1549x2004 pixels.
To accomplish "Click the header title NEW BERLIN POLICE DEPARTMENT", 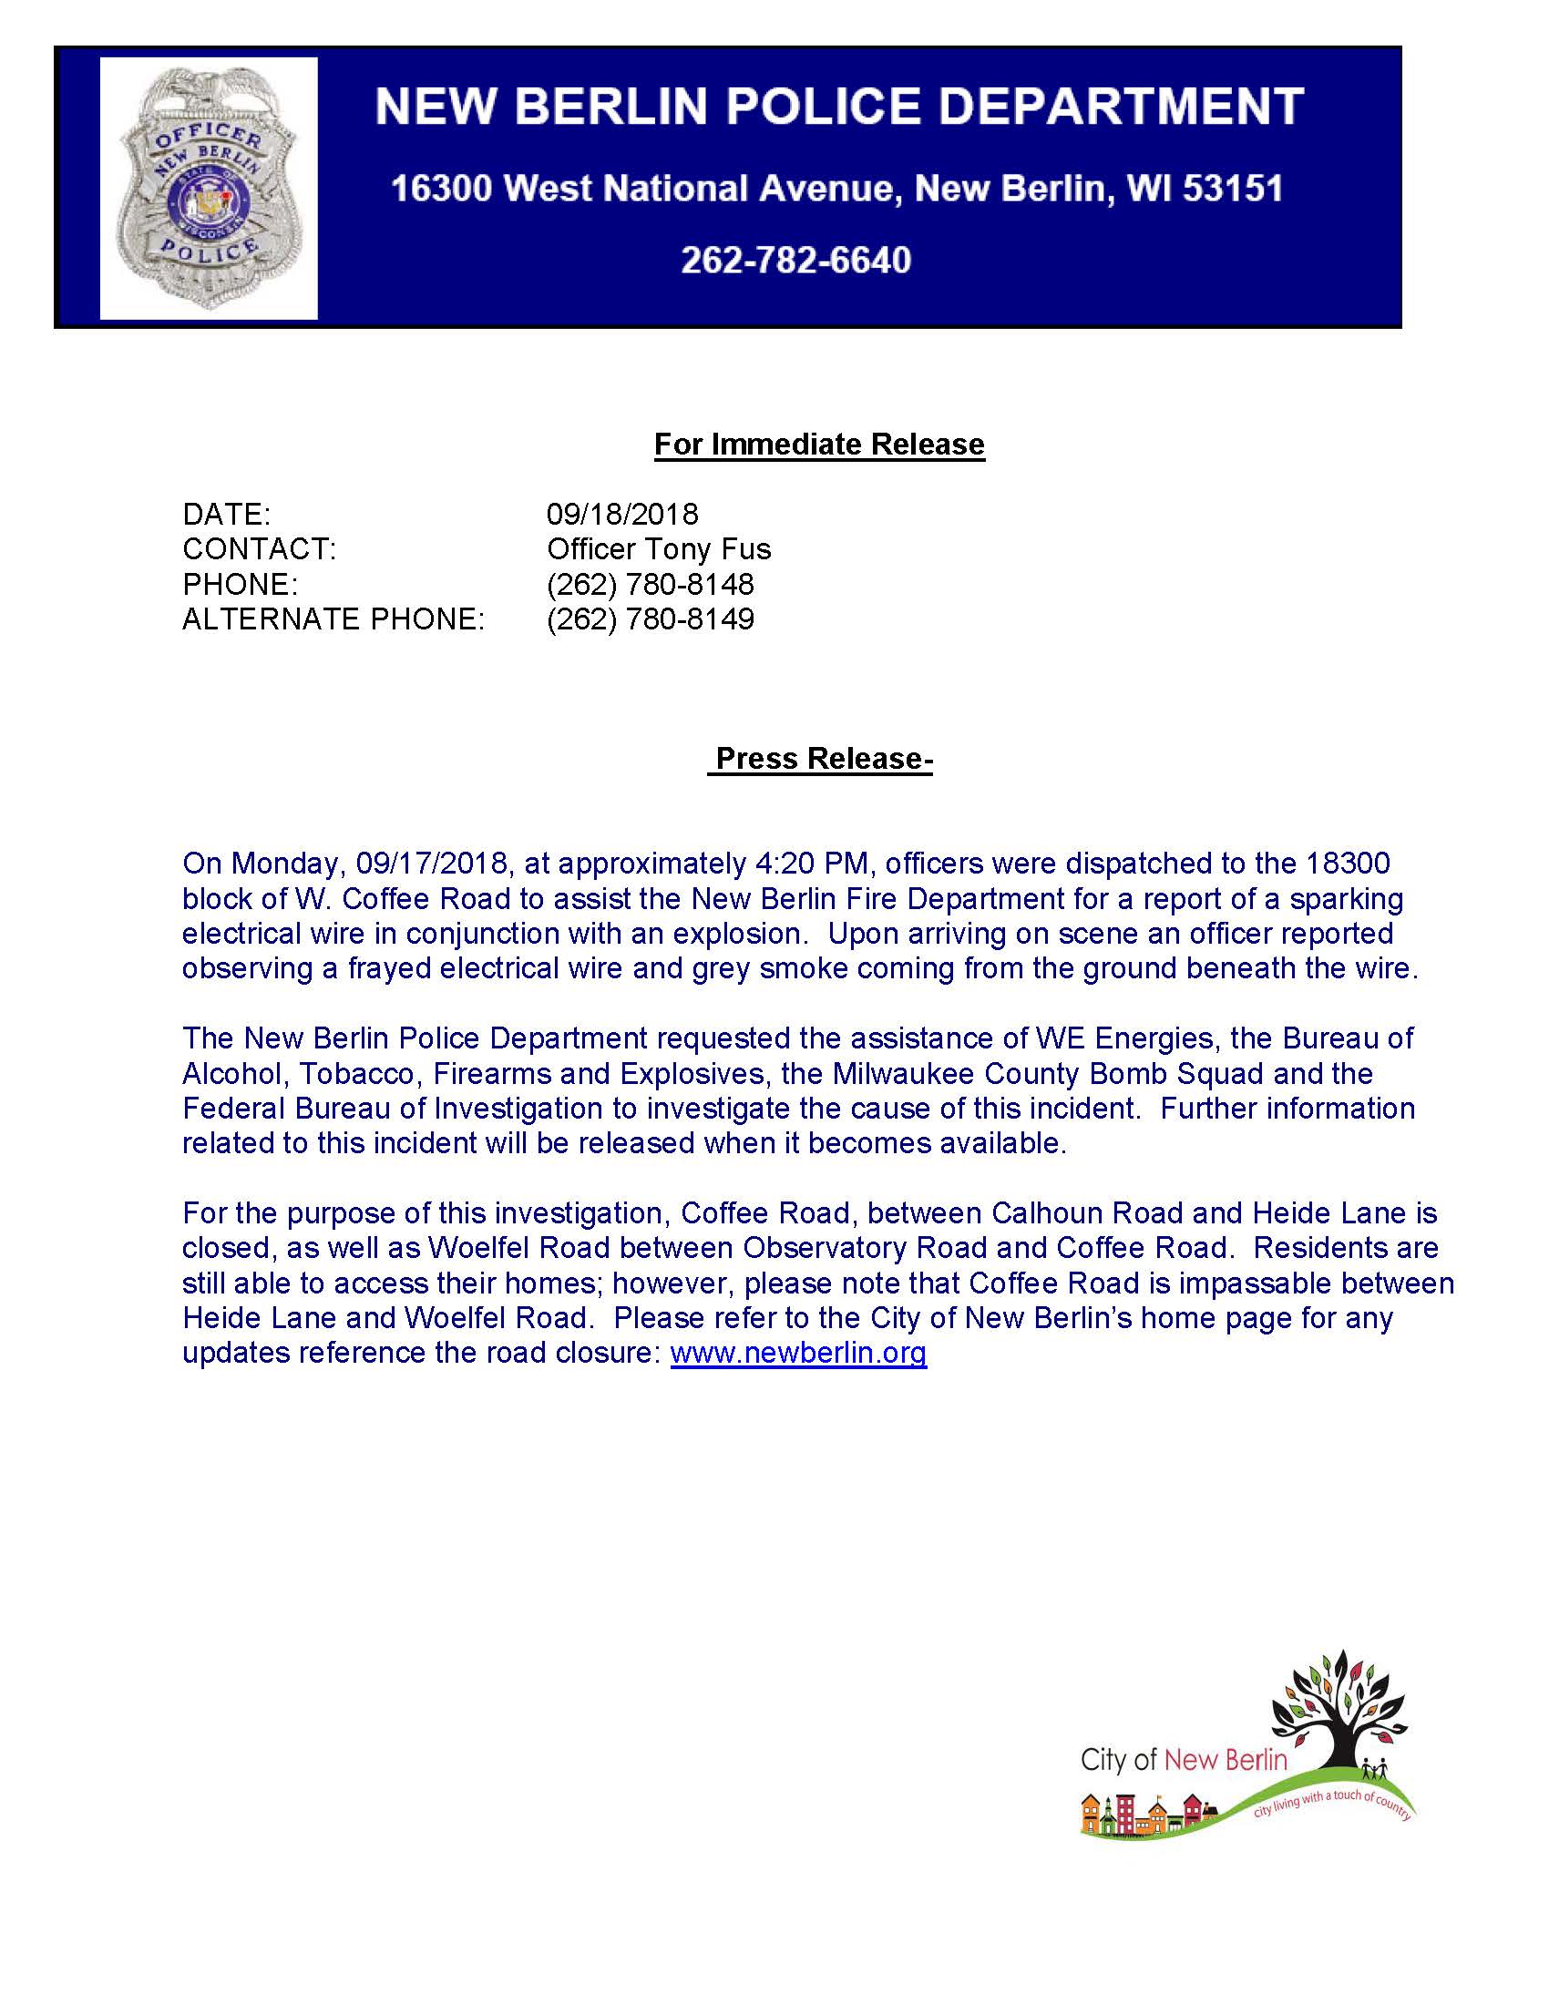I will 838,107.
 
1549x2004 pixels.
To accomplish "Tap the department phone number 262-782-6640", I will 795,261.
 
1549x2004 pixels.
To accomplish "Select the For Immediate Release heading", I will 818,445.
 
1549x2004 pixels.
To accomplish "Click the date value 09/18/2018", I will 622,514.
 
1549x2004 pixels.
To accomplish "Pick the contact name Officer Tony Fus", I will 658,548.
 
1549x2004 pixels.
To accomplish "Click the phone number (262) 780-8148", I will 650,584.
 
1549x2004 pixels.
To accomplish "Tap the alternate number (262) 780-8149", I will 650,619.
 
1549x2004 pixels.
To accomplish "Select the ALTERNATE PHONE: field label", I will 333,619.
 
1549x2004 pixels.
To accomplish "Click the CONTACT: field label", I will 259,548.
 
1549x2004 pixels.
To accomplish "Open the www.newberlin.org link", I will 798,1354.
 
